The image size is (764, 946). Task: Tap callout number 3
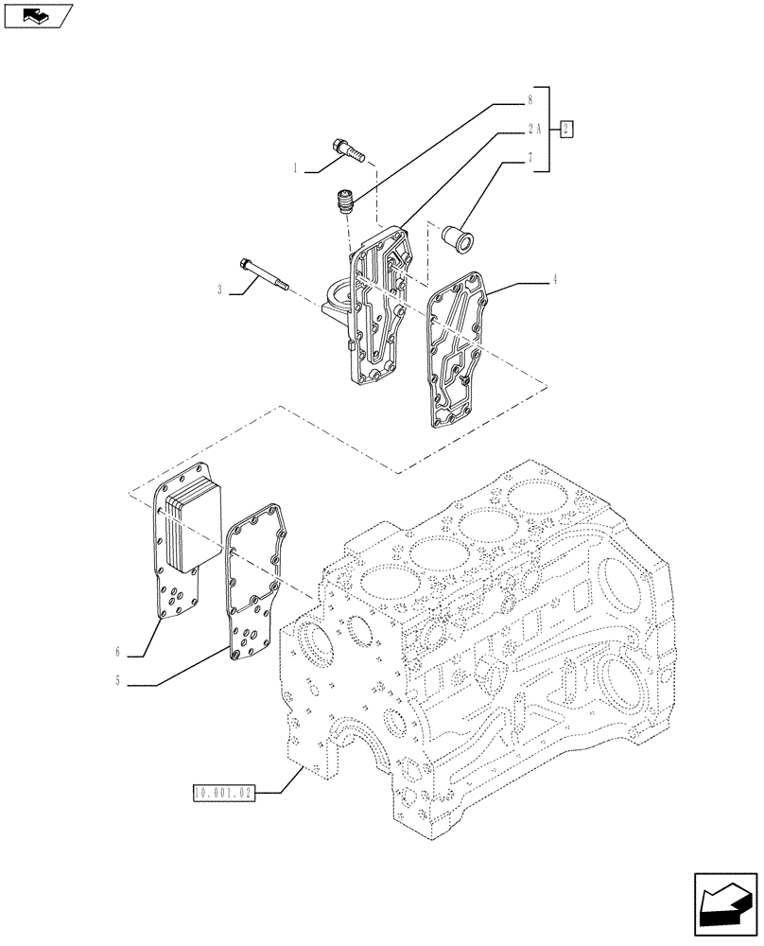(x=220, y=290)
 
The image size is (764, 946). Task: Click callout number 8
(x=531, y=98)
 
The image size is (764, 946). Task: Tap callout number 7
(x=531, y=159)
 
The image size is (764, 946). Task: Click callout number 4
(x=555, y=279)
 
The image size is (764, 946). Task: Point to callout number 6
(x=118, y=652)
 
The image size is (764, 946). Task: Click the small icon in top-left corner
(x=37, y=14)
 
